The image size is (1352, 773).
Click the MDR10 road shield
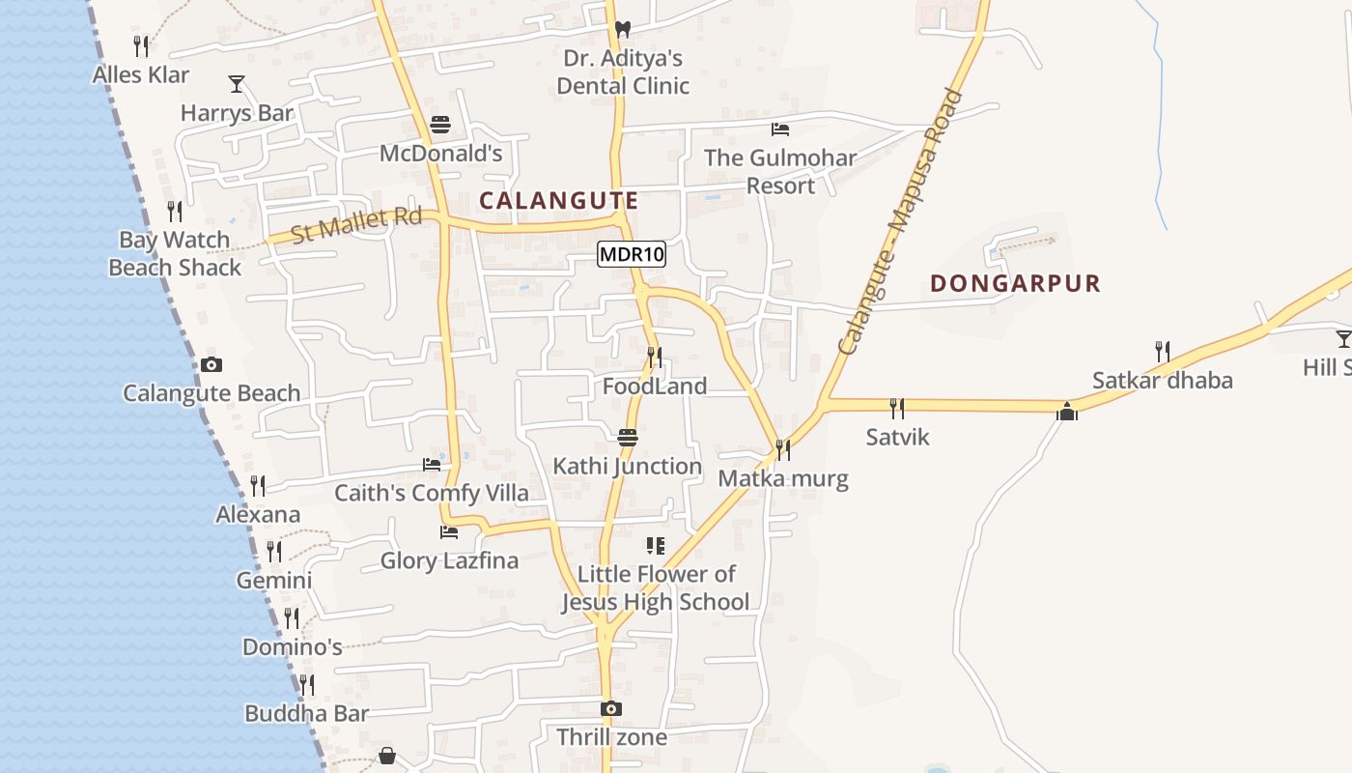pos(632,255)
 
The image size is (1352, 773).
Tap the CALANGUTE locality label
pos(559,201)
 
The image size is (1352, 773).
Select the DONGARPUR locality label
pos(1015,283)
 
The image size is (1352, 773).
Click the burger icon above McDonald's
pos(440,125)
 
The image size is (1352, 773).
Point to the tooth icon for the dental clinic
pos(623,30)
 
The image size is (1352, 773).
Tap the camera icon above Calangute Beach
pos(211,364)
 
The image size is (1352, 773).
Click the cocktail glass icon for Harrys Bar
pos(237,84)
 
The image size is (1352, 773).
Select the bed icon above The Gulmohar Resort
pos(780,129)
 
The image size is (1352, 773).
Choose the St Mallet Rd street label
pos(357,224)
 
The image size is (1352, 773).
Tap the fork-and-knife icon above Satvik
pos(897,409)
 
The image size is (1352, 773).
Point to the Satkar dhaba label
pos(1162,380)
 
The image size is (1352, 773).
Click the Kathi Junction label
pos(627,466)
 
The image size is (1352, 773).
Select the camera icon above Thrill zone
pos(610,708)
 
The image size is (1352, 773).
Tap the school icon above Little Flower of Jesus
pos(656,546)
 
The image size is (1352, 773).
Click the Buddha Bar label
pos(306,714)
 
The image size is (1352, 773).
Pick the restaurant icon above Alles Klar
pos(141,45)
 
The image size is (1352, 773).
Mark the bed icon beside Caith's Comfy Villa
pos(432,465)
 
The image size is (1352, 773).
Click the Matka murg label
pos(783,478)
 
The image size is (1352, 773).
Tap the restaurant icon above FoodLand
pos(655,358)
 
